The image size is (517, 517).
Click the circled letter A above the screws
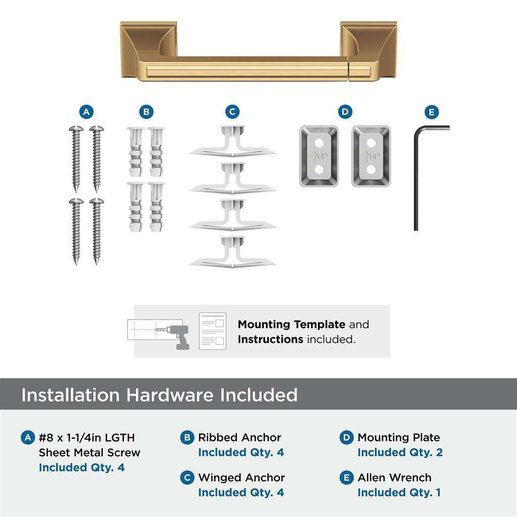pyautogui.click(x=86, y=112)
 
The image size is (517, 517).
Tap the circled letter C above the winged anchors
pyautogui.click(x=232, y=112)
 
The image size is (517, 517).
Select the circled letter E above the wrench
pyautogui.click(x=432, y=112)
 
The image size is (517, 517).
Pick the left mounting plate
pyautogui.click(x=319, y=156)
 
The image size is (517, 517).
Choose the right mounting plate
pyautogui.click(x=371, y=156)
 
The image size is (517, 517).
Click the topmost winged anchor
pyautogui.click(x=232, y=144)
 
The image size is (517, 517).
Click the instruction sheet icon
pyautogui.click(x=213, y=331)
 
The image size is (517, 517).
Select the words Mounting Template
pyautogui.click(x=291, y=324)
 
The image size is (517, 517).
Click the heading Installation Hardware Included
pyautogui.click(x=159, y=394)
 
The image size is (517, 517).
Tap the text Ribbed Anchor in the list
pyautogui.click(x=239, y=437)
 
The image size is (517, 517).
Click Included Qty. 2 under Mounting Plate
pyautogui.click(x=400, y=452)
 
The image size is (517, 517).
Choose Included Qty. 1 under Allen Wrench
pyautogui.click(x=399, y=492)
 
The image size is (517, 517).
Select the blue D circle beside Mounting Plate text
pyautogui.click(x=346, y=437)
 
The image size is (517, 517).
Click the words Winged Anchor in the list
pyautogui.click(x=241, y=477)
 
